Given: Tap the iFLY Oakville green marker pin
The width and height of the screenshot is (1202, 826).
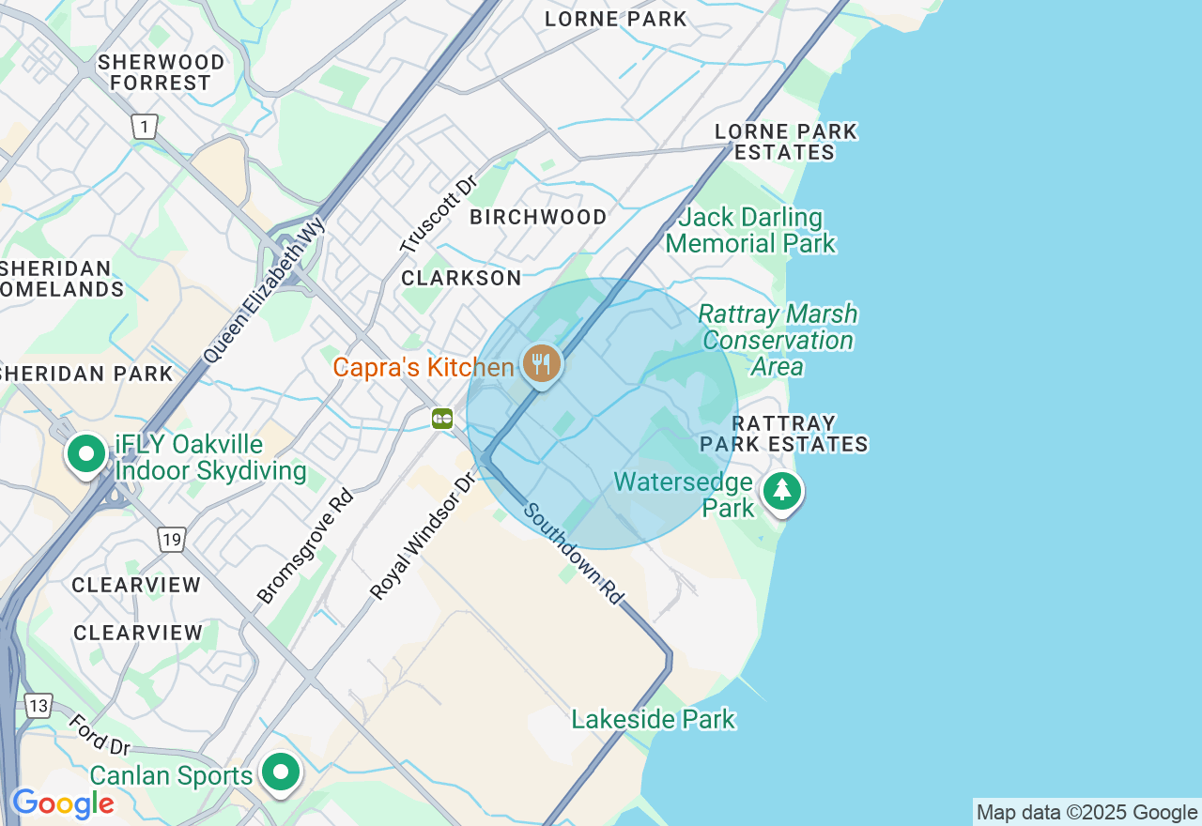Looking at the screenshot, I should [x=86, y=454].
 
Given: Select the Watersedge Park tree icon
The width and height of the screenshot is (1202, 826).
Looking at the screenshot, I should [x=781, y=491].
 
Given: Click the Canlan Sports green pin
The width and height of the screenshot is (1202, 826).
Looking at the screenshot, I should [x=281, y=773].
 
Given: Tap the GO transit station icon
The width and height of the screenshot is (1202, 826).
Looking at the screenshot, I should [x=442, y=419].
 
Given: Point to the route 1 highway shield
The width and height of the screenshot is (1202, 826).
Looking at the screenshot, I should [x=144, y=127].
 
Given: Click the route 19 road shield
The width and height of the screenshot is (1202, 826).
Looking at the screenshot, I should [x=171, y=540].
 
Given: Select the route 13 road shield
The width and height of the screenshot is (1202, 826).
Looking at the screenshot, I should [x=39, y=706].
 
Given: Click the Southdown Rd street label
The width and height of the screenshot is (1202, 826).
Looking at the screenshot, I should [x=573, y=554].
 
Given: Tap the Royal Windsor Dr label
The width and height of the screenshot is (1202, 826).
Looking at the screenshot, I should [x=423, y=537].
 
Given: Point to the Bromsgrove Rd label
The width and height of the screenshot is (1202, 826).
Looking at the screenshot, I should [x=304, y=546].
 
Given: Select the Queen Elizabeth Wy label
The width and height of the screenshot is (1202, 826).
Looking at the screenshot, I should [x=264, y=290].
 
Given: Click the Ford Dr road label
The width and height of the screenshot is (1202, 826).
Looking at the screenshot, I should [x=99, y=735].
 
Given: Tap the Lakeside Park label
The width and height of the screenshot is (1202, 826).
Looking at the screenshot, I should [x=654, y=720].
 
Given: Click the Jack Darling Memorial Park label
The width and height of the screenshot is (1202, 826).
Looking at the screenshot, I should [x=750, y=231].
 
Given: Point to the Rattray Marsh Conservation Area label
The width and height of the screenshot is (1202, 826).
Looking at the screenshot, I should [x=778, y=340].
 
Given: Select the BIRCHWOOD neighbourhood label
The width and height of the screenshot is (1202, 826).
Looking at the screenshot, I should [x=538, y=217].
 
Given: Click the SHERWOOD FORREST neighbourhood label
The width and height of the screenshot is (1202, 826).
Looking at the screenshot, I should [x=162, y=72].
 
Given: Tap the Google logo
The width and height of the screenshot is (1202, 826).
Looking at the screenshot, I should [x=62, y=803].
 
